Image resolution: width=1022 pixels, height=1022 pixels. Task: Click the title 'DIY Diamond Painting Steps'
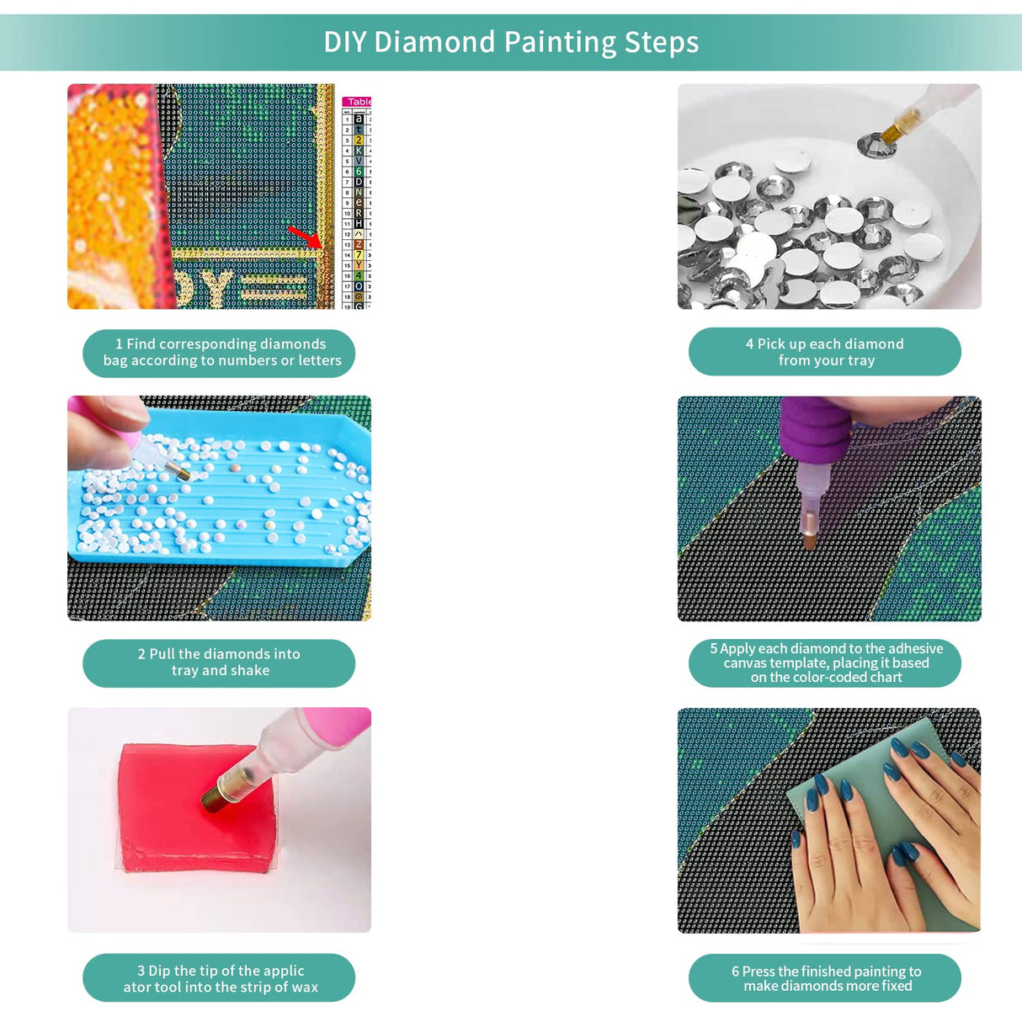511,42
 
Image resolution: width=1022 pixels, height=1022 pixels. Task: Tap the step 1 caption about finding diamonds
219,353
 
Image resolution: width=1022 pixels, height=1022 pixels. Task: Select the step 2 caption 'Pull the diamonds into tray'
219,663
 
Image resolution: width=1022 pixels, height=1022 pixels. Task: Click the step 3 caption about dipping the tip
219,978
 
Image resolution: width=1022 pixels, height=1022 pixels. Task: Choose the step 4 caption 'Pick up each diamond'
824,352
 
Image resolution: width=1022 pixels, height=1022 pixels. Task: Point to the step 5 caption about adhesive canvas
824,663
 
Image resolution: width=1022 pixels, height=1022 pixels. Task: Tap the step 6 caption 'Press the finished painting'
824,978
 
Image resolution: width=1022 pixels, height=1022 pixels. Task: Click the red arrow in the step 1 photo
304,237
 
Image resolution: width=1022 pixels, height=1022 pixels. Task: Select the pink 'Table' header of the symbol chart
359,102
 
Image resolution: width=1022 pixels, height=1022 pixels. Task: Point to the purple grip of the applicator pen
812,429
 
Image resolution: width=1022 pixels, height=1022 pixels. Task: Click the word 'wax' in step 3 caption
305,987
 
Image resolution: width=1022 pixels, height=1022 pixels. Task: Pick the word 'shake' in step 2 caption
250,671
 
